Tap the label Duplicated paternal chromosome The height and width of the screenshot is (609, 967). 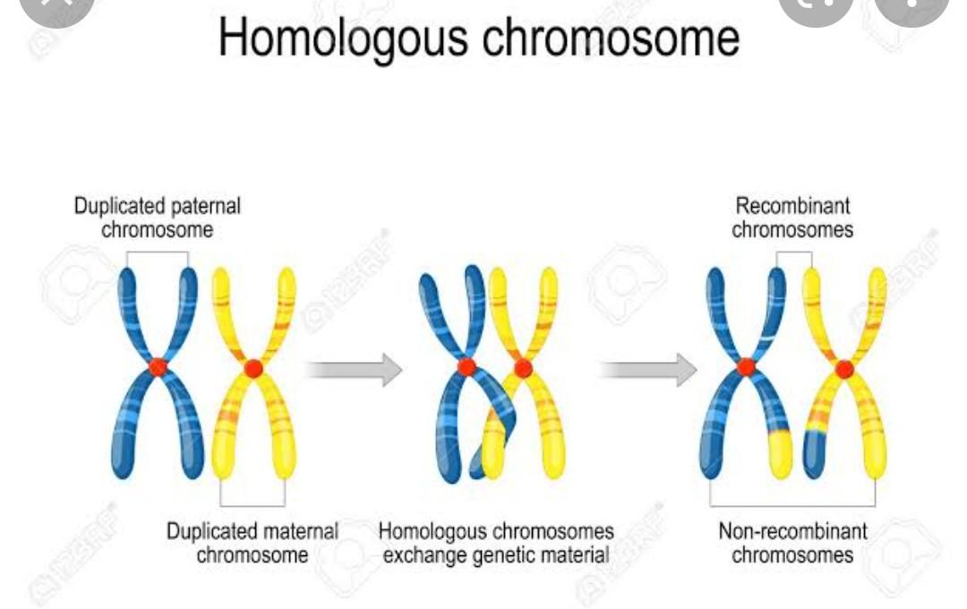(x=158, y=218)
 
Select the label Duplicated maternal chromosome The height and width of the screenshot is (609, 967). (x=252, y=543)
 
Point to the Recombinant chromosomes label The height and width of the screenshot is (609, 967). (x=792, y=218)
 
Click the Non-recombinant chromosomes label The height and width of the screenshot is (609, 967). (x=792, y=543)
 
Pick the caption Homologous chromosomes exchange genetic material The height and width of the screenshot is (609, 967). (x=497, y=543)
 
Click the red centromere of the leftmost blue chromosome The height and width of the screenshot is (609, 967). (x=158, y=366)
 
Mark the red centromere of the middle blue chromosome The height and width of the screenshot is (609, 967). (x=466, y=366)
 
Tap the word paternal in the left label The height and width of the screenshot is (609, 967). (x=206, y=206)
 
